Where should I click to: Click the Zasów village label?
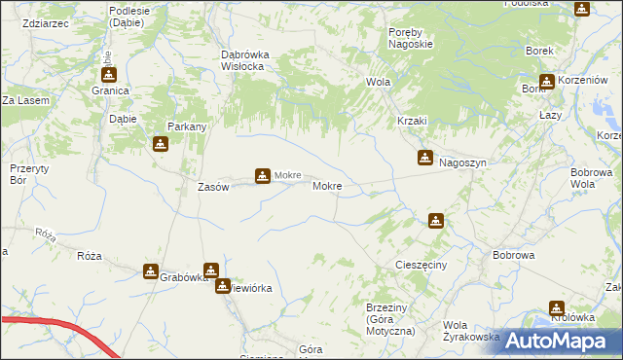coord(213,187)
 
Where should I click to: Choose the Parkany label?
coord(186,126)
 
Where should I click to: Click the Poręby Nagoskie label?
coord(402,39)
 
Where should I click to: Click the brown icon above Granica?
coord(109,74)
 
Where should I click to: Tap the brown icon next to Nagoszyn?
coord(425,157)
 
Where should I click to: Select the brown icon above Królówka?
coord(557,307)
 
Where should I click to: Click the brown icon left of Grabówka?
coord(151,271)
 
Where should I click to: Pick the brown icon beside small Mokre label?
coord(262,176)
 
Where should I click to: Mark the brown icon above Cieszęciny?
coord(435,221)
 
